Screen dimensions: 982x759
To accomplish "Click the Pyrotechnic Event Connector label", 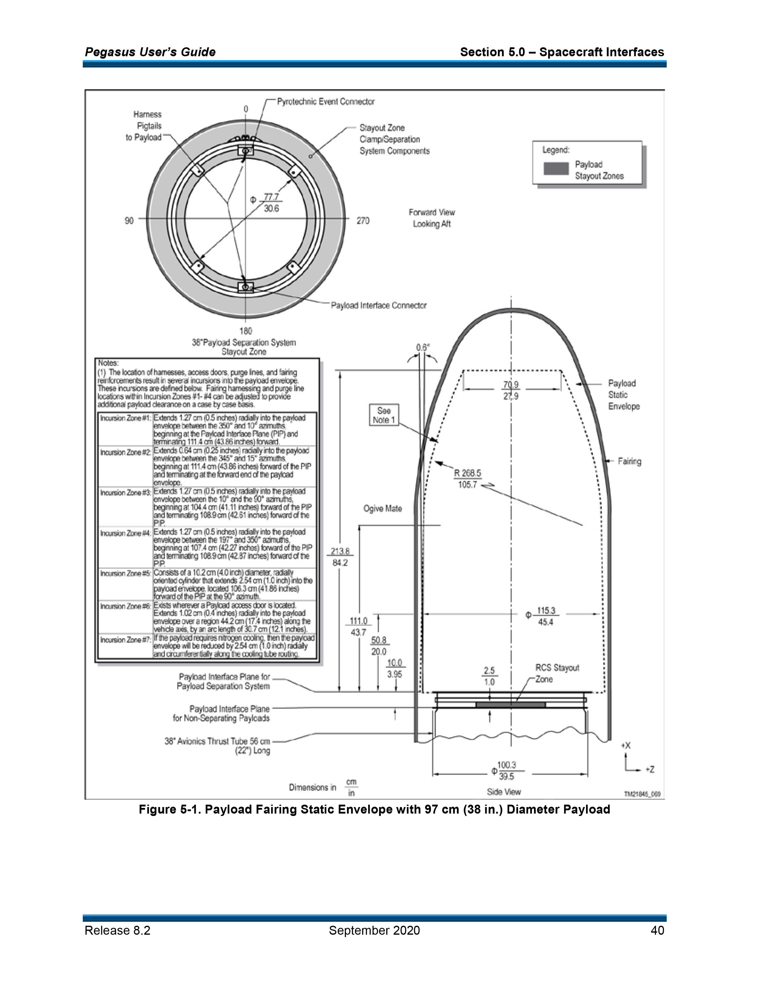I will pos(326,101).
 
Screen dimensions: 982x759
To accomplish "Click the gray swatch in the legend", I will pos(556,169).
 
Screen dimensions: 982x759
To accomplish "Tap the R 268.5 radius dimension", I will pos(468,479).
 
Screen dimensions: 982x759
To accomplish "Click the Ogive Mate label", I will pos(383,509).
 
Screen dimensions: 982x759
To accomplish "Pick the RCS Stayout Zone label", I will pos(557,673).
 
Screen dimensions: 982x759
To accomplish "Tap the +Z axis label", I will pos(650,769).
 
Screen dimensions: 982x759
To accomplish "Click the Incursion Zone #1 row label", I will pos(125,418).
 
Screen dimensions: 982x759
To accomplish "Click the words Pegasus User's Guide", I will pos(150,52).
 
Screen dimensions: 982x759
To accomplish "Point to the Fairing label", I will pos(629,461).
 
